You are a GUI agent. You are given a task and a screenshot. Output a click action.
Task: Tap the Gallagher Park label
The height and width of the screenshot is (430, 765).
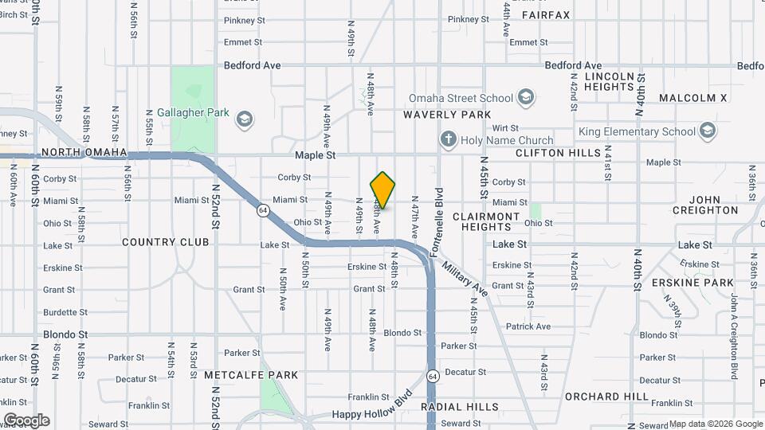click(193, 113)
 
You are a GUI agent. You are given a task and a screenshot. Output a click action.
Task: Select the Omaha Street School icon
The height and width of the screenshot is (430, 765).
click(525, 98)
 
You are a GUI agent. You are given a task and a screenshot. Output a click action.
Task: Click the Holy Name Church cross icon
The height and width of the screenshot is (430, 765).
click(449, 139)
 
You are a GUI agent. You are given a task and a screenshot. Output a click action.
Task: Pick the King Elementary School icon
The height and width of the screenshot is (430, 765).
click(707, 131)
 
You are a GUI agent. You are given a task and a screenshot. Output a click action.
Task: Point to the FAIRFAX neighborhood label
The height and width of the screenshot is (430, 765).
click(546, 15)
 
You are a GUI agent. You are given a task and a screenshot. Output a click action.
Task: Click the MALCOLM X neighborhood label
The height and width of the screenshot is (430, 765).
click(693, 98)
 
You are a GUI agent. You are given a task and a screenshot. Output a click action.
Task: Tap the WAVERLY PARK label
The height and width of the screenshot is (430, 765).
click(447, 115)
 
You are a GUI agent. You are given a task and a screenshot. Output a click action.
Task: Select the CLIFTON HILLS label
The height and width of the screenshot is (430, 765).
click(558, 152)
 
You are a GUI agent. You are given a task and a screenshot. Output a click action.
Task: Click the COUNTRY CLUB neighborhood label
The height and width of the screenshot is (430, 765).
click(166, 242)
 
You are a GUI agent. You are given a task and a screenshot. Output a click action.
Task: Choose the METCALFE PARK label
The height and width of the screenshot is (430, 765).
click(240, 375)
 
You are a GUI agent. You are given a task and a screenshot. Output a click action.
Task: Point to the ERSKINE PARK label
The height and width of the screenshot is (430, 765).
click(692, 283)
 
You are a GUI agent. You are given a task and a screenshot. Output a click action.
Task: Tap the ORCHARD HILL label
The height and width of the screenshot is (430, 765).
click(606, 396)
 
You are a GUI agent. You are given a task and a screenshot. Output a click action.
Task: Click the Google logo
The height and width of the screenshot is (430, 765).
click(26, 420)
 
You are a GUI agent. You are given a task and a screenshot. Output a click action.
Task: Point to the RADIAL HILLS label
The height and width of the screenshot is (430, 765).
click(460, 406)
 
